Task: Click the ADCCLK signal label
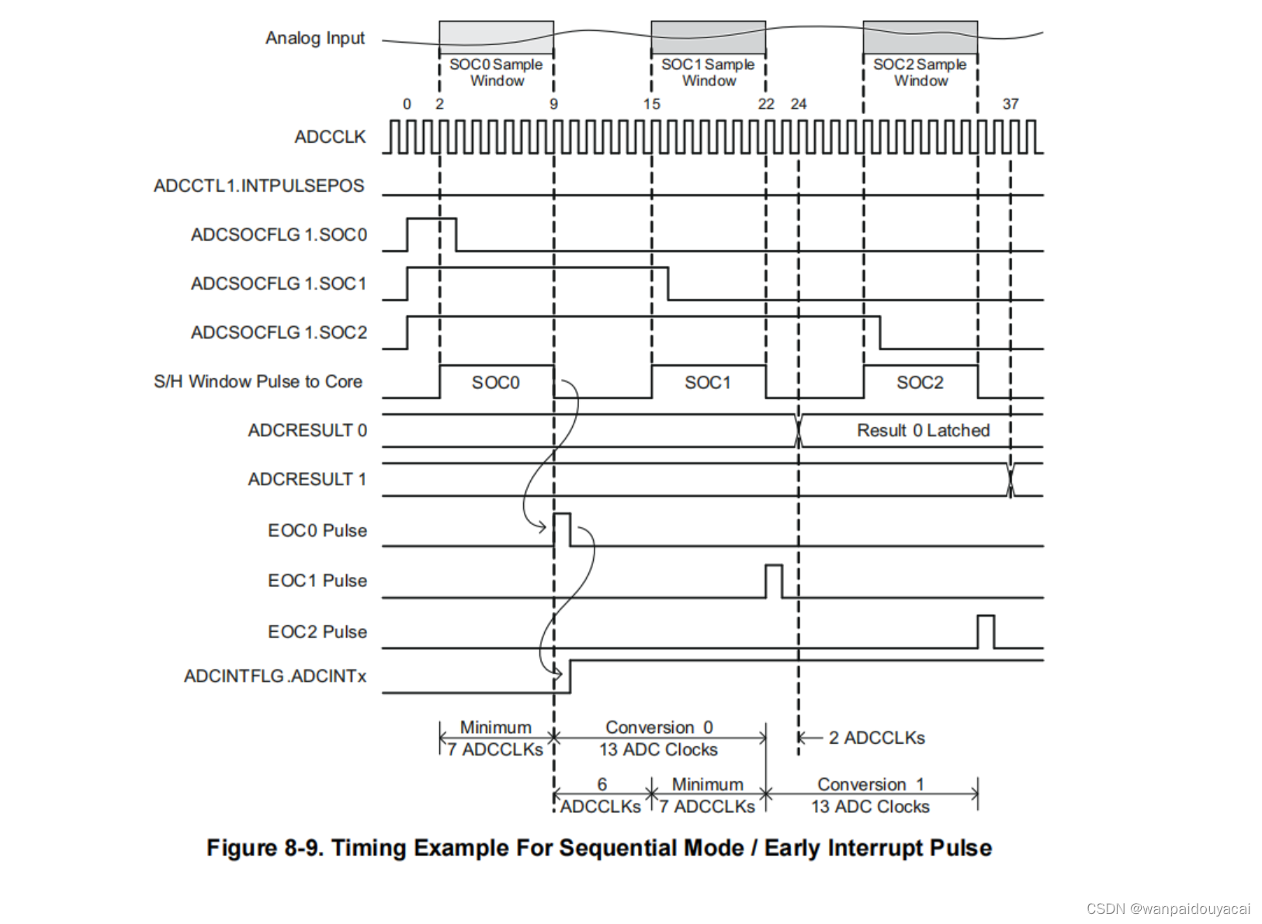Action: coord(330,137)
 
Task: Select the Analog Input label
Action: coord(314,38)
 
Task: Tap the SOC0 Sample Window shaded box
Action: coord(496,36)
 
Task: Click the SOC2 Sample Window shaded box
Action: coord(920,36)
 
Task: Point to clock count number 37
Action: coord(1010,104)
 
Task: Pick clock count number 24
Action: coord(798,104)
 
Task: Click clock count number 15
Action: coord(652,104)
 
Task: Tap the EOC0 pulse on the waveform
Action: coord(562,530)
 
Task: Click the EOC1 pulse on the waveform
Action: coord(774,581)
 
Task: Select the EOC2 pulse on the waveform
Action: coord(986,631)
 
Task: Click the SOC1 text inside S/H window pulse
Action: coord(708,382)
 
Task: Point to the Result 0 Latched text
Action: coord(923,430)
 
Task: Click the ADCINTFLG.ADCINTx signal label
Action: coord(275,676)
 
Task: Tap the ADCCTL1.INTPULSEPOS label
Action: coord(258,186)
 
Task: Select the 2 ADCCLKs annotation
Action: coord(876,738)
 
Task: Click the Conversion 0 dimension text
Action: coord(659,728)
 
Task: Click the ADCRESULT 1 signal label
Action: coord(307,479)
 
